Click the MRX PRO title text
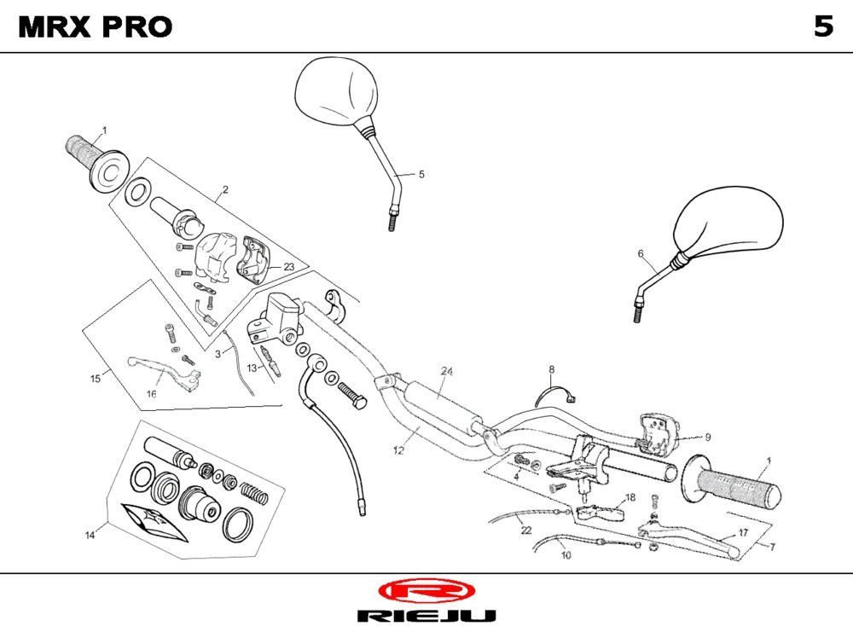coord(96,27)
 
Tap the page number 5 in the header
coord(822,27)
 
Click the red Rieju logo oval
coord(426,591)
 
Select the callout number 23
coord(289,266)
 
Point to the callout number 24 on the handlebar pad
coord(446,371)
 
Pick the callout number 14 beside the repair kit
coord(90,535)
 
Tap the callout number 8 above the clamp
coord(551,369)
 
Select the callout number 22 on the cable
coord(525,529)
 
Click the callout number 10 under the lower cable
coord(566,555)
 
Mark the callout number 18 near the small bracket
coord(630,497)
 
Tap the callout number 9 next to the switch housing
coord(707,437)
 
